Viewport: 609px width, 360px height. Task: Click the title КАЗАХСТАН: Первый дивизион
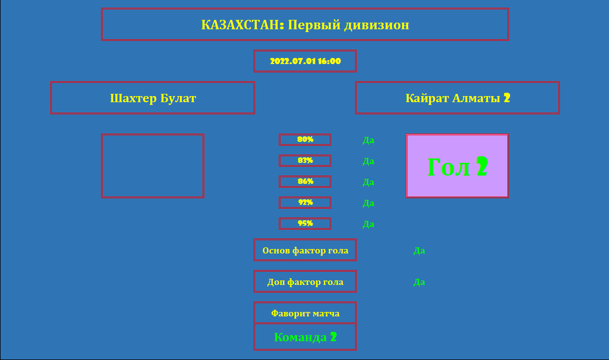coord(305,24)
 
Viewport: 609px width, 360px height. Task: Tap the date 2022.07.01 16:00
coord(305,61)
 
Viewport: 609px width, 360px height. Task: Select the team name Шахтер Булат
coord(152,98)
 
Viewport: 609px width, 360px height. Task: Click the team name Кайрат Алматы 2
coord(457,98)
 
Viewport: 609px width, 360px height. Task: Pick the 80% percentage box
coord(305,140)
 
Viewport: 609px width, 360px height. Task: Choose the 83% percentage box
coord(305,161)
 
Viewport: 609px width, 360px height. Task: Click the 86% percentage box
coord(305,182)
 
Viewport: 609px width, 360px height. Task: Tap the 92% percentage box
coord(305,203)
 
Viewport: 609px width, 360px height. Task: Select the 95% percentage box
coord(305,224)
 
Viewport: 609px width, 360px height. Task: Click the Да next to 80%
coord(368,140)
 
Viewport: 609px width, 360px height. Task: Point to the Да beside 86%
coord(368,182)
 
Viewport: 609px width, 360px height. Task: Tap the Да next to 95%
coord(368,224)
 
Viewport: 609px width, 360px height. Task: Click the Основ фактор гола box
coord(305,250)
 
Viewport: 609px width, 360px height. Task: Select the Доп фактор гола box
coord(305,282)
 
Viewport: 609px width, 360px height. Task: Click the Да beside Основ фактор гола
coord(419,251)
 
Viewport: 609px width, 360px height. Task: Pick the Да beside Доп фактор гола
coord(419,282)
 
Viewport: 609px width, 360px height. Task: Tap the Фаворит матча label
coord(305,314)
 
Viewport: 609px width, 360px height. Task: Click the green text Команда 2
coord(305,337)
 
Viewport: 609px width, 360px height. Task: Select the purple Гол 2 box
coord(457,166)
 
